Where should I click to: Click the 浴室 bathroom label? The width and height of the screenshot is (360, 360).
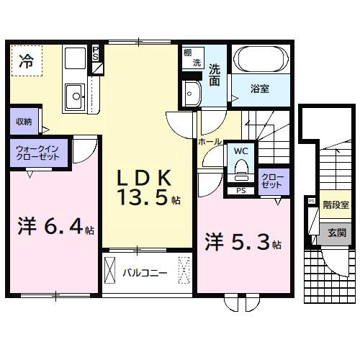pos(261,89)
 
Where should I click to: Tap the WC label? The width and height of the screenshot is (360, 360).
pos(241,151)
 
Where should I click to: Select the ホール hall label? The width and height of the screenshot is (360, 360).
pos(210,143)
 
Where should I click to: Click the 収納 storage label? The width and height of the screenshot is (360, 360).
pos(24,122)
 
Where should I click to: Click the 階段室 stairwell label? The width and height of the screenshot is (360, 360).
pos(334,204)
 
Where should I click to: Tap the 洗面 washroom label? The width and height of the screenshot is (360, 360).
pos(216,76)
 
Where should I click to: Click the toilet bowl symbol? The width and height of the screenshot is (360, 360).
pos(241,170)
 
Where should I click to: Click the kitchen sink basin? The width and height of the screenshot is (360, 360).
pos(73,95)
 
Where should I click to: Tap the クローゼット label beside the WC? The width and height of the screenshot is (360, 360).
pos(271,180)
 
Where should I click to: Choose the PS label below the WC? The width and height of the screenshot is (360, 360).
pos(240,191)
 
